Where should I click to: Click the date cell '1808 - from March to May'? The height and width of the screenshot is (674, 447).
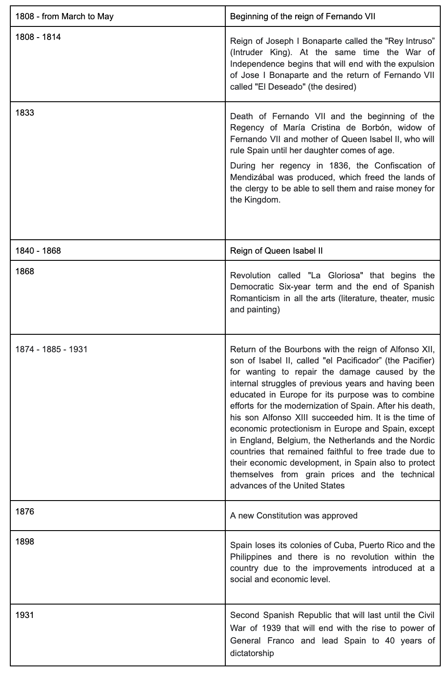coord(64,17)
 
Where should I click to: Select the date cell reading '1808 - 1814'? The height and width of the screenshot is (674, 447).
coord(38,37)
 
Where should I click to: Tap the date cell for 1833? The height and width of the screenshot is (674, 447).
coord(25,112)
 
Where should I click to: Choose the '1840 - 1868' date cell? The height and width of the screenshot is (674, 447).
coord(38,251)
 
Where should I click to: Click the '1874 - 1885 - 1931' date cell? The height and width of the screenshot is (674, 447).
coord(52,349)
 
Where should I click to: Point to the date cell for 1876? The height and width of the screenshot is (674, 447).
coord(25,511)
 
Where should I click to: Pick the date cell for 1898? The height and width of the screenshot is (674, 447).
coord(25,541)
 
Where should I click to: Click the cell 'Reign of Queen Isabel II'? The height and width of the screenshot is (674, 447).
coord(276,251)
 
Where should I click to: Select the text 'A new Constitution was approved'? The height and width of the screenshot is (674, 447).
coord(294,515)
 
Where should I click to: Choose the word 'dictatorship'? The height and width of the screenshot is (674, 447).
coord(252,653)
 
